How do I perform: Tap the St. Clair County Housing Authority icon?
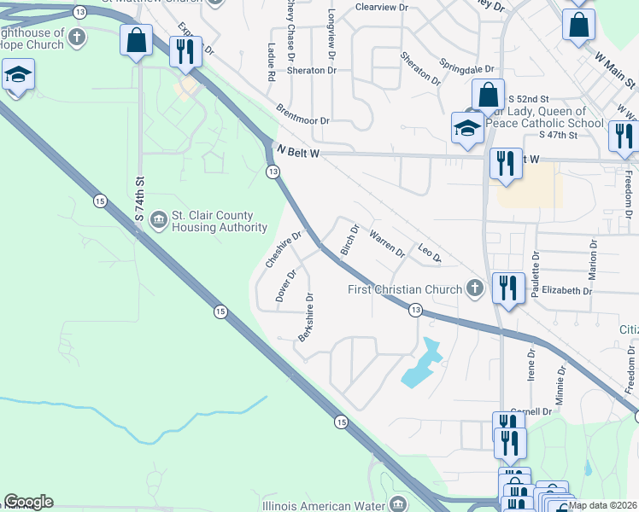pos(158,221)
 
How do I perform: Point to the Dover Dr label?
pos(285,286)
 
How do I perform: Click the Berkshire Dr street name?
pos(306,318)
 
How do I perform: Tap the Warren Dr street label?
pos(387,242)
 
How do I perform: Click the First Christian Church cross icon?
pos(475,289)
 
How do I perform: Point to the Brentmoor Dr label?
pos(302,115)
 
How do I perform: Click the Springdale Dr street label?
pos(467,66)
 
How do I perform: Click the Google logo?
pos(28,502)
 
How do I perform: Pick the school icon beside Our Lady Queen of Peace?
pos(467,128)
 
